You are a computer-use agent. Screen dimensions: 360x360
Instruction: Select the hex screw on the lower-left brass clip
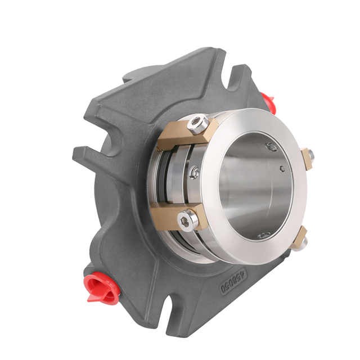coord(188,220)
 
